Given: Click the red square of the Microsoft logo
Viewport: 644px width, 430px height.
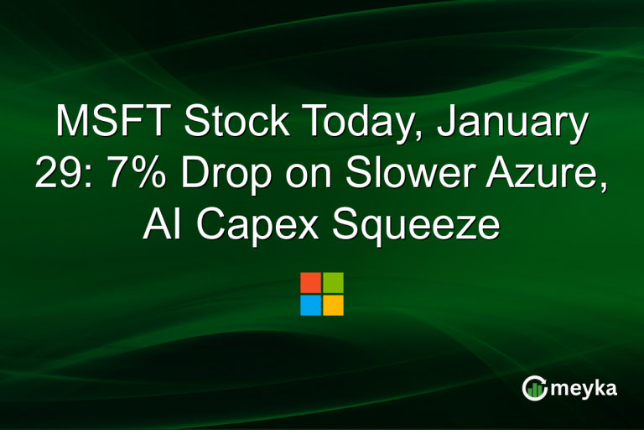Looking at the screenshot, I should (x=310, y=282).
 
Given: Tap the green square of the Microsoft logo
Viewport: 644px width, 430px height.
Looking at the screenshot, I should (x=333, y=282).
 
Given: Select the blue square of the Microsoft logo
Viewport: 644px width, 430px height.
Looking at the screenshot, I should (x=310, y=305).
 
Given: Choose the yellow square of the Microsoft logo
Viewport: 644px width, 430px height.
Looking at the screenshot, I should (x=333, y=305).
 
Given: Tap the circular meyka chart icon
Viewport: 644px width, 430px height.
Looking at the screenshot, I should (x=533, y=387).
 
